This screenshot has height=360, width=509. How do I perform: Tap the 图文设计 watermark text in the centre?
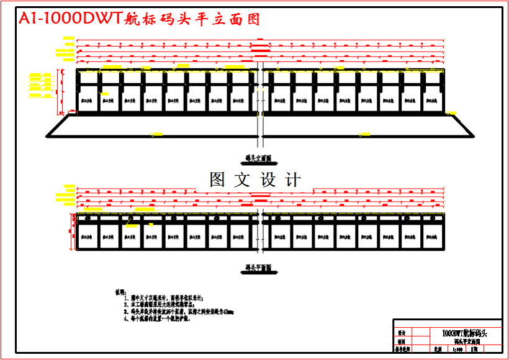click(x=255, y=180)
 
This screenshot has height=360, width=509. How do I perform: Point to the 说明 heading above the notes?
click(x=120, y=291)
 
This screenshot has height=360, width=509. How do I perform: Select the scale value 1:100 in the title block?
click(x=459, y=350)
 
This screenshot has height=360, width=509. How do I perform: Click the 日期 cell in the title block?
click(x=475, y=350)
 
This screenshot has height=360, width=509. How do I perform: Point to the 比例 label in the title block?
click(x=438, y=350)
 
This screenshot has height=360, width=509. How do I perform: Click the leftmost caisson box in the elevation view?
click(x=88, y=99)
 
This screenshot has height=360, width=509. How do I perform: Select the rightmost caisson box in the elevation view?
click(x=432, y=99)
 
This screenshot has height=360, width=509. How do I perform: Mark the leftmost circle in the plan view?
click(x=88, y=218)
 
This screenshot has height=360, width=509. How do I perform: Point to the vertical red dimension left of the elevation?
click(x=60, y=91)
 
